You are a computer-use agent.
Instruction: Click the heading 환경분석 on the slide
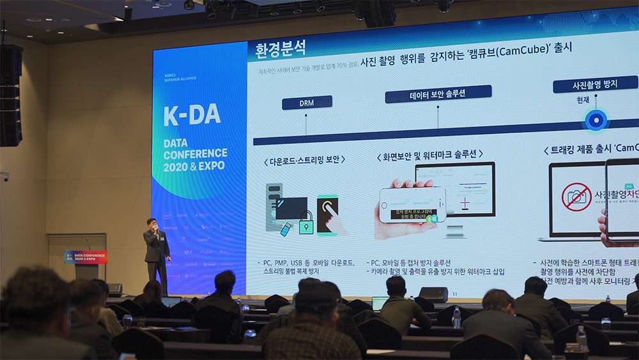[x=281, y=49]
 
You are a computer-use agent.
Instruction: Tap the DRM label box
[x=307, y=102]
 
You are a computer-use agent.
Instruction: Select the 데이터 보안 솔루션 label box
[x=429, y=95]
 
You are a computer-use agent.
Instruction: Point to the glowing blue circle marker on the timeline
[x=596, y=120]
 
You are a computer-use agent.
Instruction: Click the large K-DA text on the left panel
[x=192, y=115]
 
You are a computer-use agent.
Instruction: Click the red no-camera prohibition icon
[x=576, y=197]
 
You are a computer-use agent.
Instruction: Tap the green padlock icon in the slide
[x=306, y=223]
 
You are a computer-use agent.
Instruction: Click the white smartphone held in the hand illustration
[x=412, y=205]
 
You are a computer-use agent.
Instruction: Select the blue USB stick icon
[x=286, y=228]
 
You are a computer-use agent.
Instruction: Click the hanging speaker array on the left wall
[x=11, y=95]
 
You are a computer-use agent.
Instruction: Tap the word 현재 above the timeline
[x=582, y=100]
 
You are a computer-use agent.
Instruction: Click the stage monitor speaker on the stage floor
[x=433, y=294]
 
